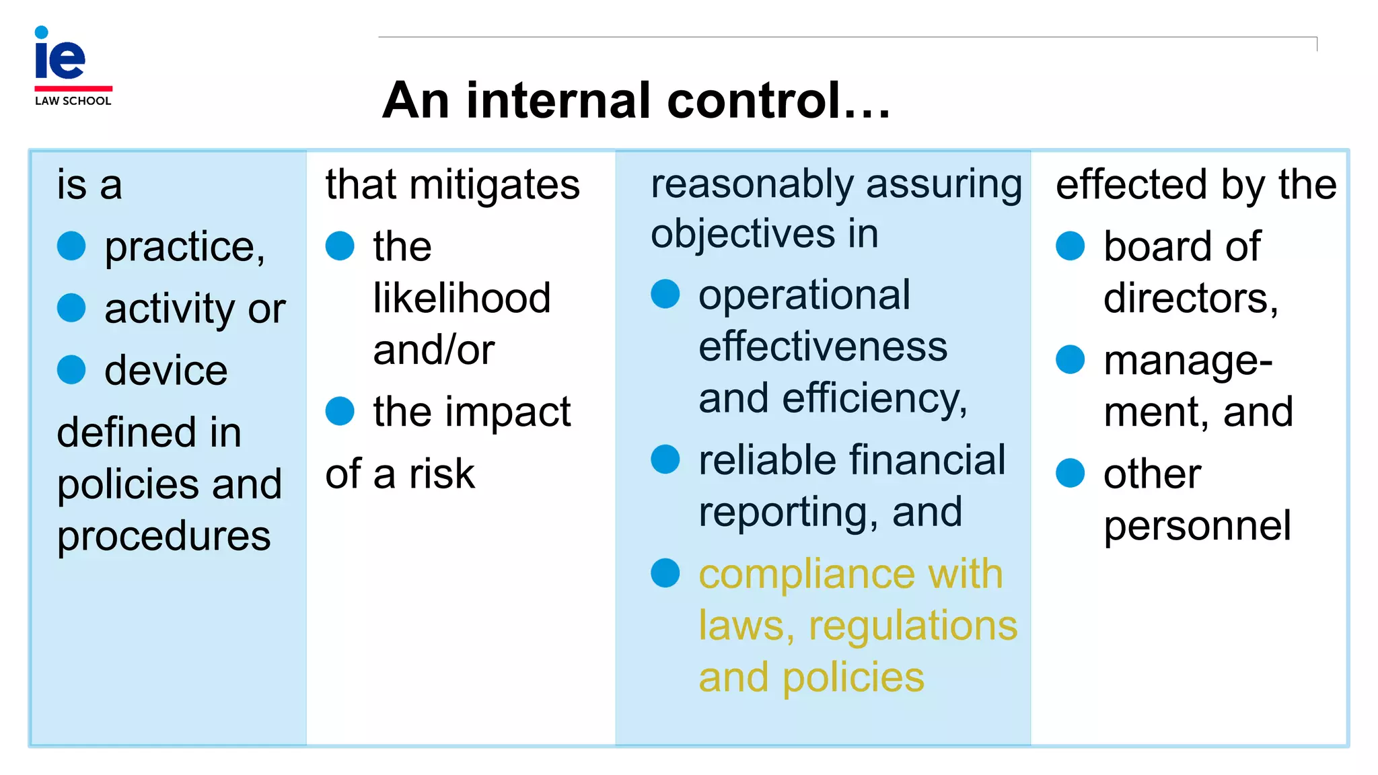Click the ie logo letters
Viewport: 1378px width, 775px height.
tap(59, 57)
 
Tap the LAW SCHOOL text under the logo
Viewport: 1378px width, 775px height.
tap(73, 101)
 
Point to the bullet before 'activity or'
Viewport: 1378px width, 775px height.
tap(71, 308)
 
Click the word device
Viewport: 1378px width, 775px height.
tap(166, 371)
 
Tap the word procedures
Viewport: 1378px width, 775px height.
tap(164, 536)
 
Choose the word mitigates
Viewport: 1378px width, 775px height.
tap(495, 185)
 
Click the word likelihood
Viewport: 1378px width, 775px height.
tap(462, 298)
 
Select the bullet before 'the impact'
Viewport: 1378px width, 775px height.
tap(340, 411)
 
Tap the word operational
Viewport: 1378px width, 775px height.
tap(804, 295)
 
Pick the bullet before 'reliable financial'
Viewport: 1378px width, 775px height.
tap(665, 459)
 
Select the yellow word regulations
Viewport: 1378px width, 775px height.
tap(912, 626)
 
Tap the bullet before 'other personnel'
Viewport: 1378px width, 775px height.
tap(1071, 473)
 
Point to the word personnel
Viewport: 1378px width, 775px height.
tap(1197, 525)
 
